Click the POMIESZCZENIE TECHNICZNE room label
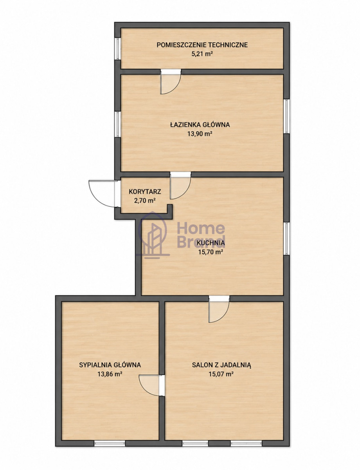tap(202, 45)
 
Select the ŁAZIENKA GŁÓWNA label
tap(200, 125)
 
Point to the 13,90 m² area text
tap(200, 134)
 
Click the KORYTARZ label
tap(145, 192)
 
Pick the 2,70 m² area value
tap(145, 201)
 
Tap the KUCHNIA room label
tap(211, 243)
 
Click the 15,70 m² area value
tap(211, 252)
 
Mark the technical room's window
tap(117, 49)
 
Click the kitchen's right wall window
tap(286, 239)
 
